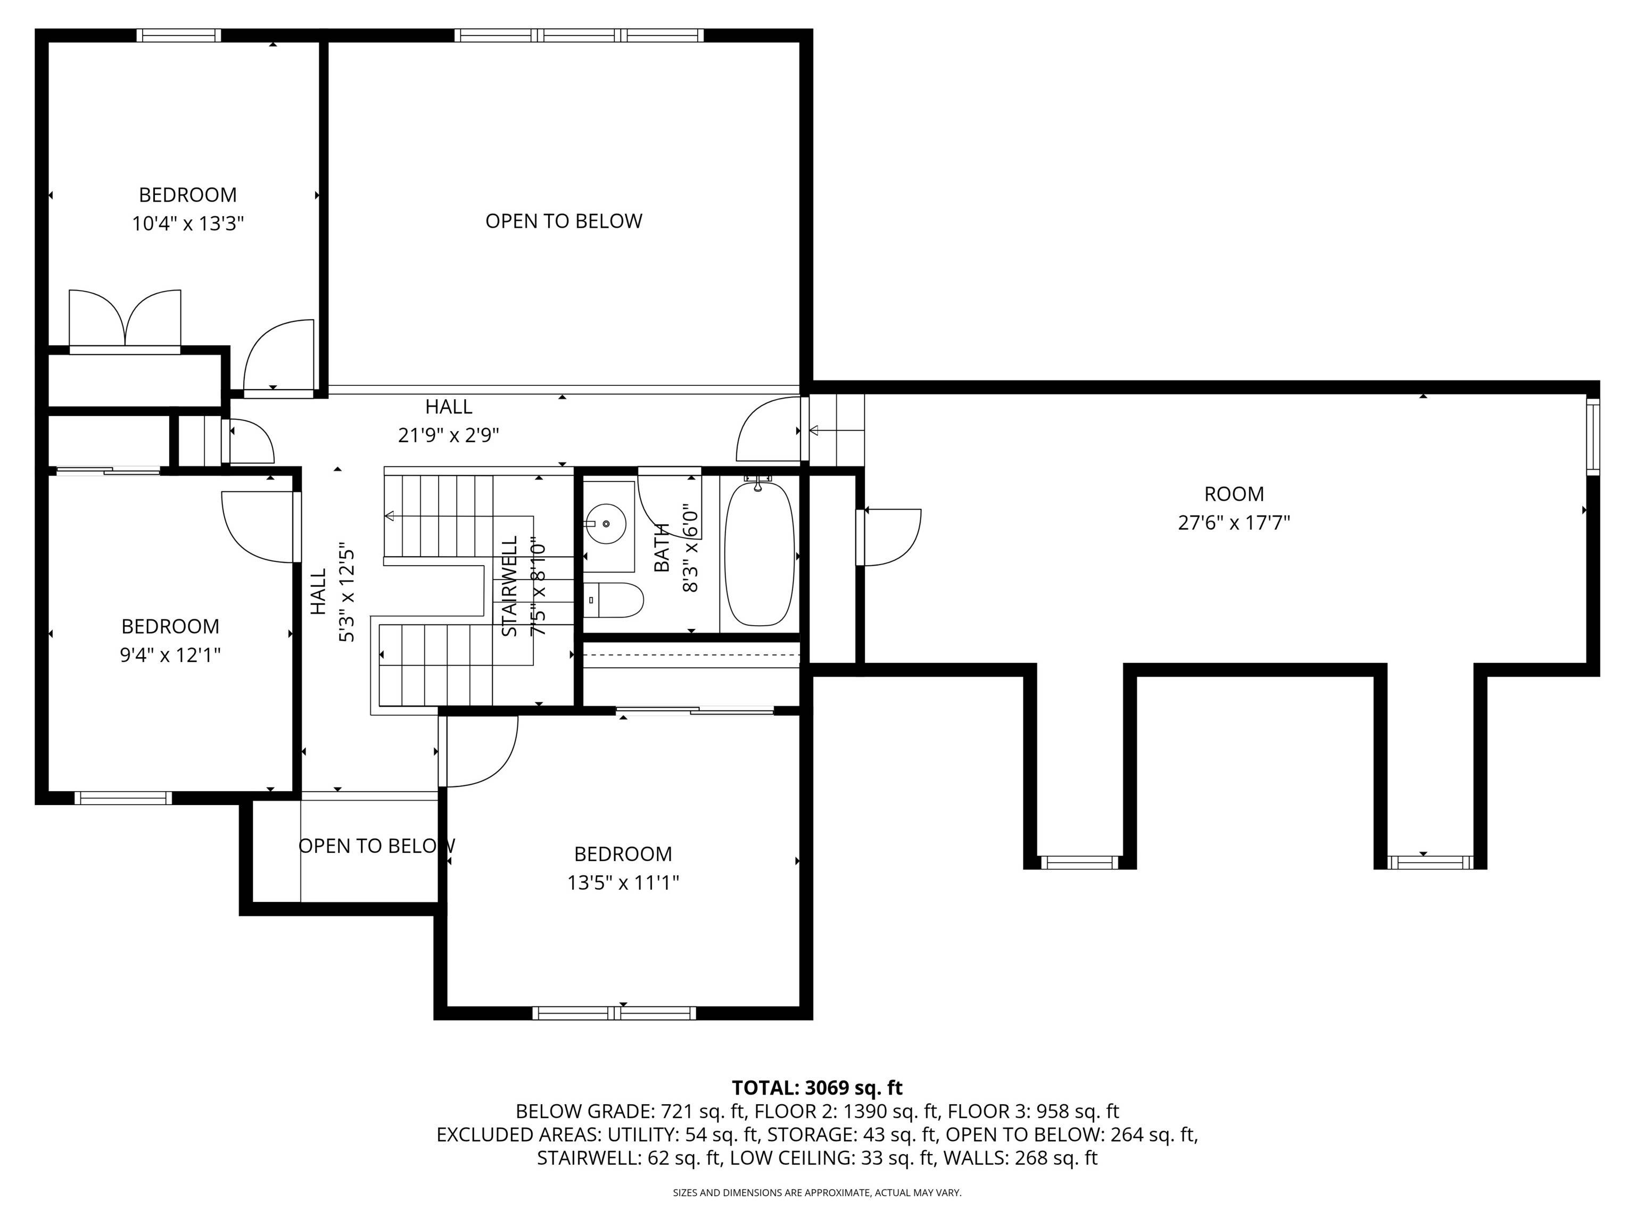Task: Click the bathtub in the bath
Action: [x=759, y=554]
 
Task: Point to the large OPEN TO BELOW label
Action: [x=563, y=221]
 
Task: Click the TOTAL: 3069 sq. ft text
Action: [x=817, y=1088]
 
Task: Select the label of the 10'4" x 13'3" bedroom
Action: [x=188, y=195]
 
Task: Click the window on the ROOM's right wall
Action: [x=1592, y=436]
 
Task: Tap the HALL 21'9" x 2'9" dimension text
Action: [x=449, y=435]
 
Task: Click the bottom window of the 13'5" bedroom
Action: [x=614, y=1013]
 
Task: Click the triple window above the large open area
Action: [x=579, y=35]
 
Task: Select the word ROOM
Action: [x=1234, y=494]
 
